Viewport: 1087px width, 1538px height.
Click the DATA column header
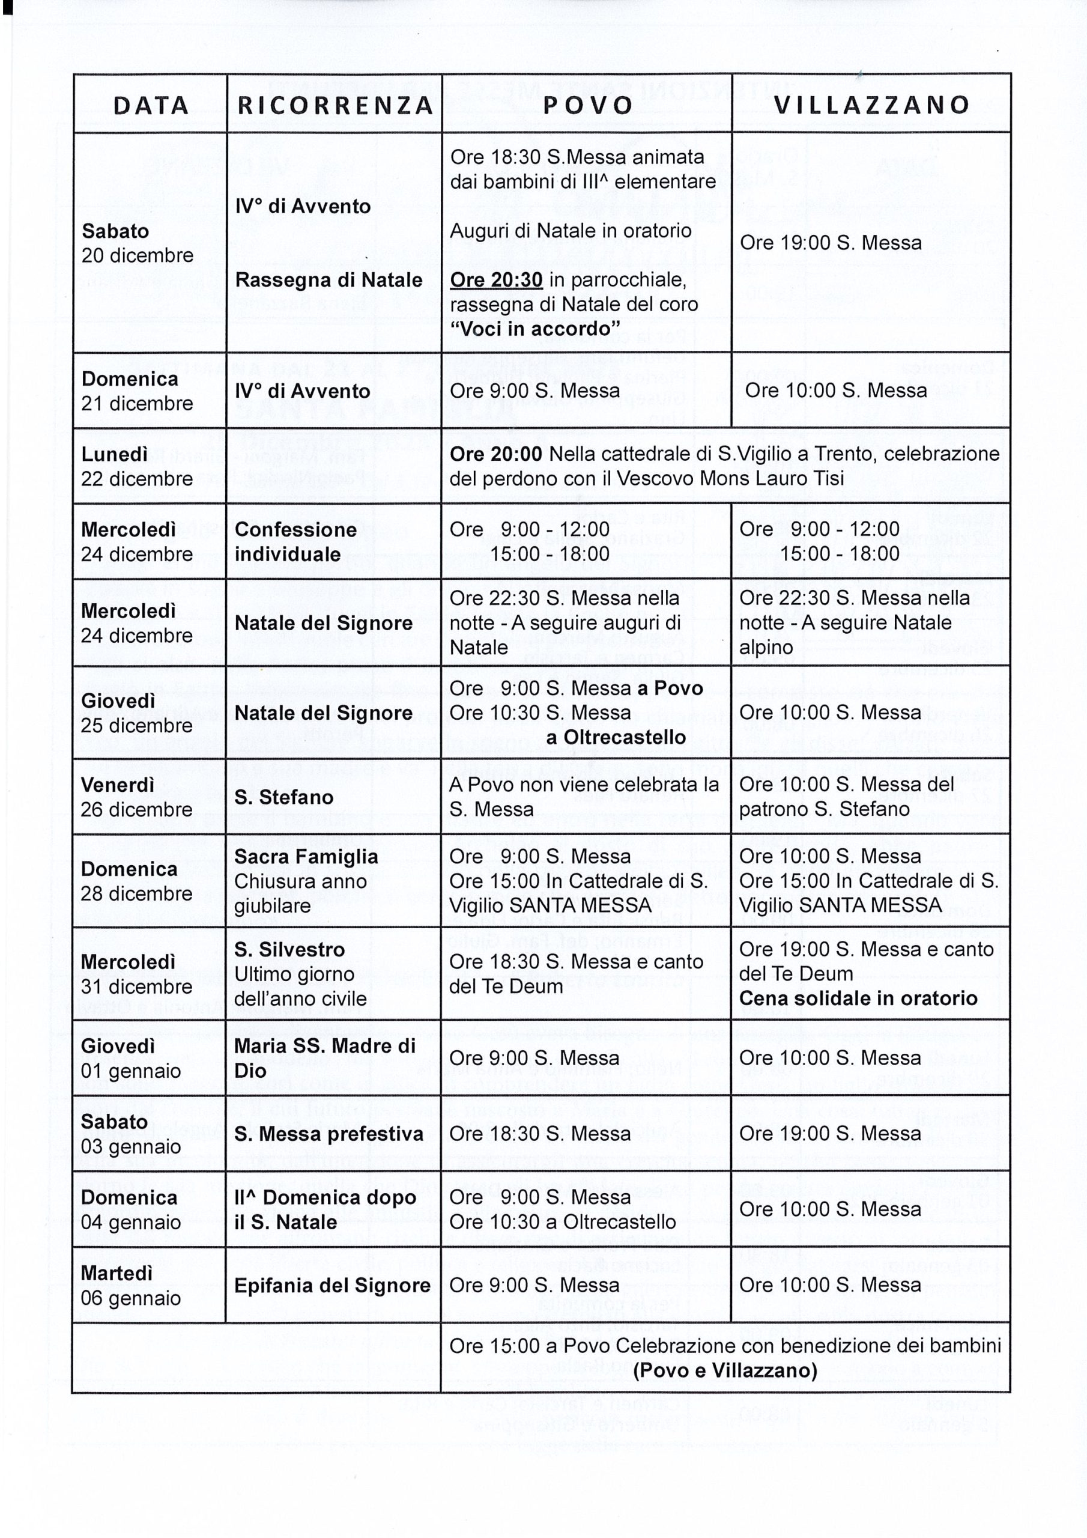(x=151, y=105)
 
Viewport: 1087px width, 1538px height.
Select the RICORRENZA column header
(x=336, y=105)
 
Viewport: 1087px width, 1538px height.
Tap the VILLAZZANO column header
(x=872, y=105)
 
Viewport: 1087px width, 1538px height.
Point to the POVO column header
(x=588, y=105)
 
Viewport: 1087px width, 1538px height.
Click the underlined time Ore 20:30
(x=495, y=279)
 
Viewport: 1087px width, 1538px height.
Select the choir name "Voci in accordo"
(x=534, y=329)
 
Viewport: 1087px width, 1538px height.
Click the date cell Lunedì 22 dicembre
(x=137, y=466)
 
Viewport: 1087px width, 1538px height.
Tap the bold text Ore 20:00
(x=495, y=454)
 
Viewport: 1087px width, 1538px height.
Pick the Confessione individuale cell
(x=295, y=541)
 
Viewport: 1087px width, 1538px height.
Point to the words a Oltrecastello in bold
(x=616, y=738)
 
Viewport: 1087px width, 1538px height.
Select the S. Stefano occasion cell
(x=283, y=797)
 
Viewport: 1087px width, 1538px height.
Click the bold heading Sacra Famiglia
(x=306, y=857)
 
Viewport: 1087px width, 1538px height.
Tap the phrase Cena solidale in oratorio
(x=858, y=998)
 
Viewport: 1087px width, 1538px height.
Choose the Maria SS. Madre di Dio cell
(x=325, y=1058)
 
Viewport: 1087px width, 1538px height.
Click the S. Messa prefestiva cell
(x=329, y=1134)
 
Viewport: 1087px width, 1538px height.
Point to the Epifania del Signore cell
(x=332, y=1286)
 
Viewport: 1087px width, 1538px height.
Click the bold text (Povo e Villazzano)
(x=725, y=1370)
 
